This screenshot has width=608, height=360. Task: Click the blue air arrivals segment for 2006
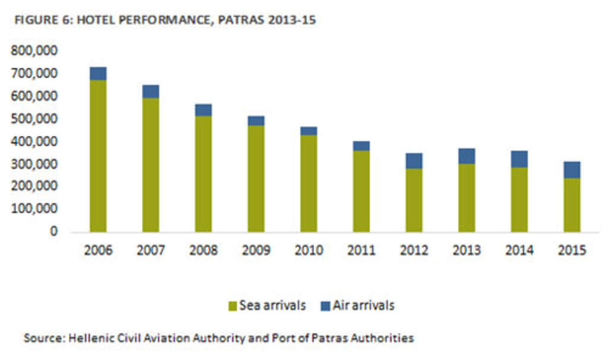coord(98,73)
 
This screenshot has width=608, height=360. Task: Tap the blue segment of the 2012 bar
coord(414,160)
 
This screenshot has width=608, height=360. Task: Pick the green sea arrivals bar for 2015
coord(572,205)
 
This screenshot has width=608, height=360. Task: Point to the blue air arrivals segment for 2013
coord(467,156)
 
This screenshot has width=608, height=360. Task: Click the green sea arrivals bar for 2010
coord(309,184)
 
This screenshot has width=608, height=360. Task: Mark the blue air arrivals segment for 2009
coord(256,121)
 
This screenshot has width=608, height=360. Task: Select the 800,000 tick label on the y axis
coord(34,51)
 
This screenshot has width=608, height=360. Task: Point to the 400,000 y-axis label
coord(34,141)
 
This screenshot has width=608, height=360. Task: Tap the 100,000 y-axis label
coord(34,209)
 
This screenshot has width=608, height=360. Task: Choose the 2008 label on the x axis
coord(204,251)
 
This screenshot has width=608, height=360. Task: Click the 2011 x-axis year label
coord(362,251)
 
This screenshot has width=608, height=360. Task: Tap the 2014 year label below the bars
coord(520,251)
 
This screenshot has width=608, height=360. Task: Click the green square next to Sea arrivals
coord(233,307)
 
